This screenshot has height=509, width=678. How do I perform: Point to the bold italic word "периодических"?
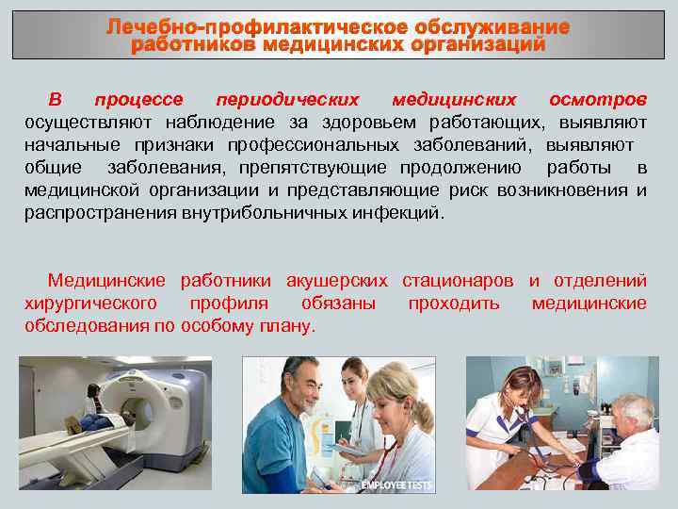[287, 100]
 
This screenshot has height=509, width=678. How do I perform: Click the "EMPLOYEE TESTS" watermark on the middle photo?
[396, 485]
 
